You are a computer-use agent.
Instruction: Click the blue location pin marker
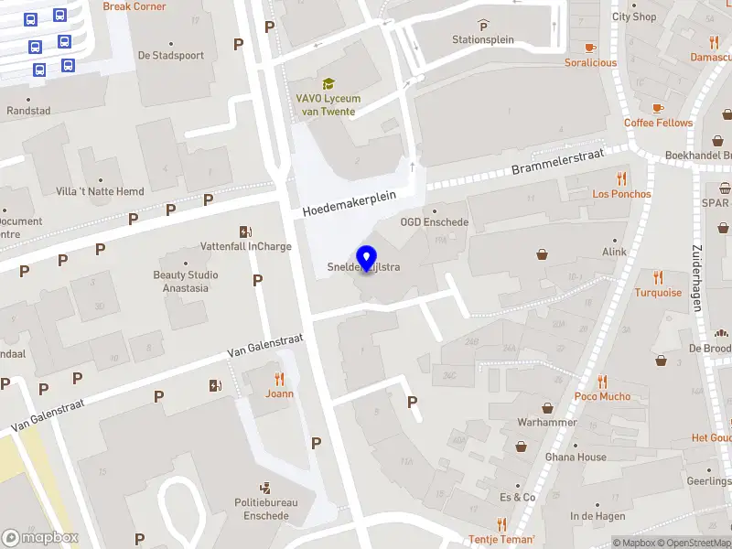click(366, 258)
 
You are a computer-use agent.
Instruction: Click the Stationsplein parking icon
click(483, 26)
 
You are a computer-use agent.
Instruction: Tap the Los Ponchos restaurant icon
click(622, 178)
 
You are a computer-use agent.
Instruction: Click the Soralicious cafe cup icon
click(590, 48)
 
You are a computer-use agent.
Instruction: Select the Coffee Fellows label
click(658, 123)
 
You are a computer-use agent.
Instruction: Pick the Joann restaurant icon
click(280, 379)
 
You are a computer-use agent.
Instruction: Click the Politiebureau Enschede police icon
click(265, 488)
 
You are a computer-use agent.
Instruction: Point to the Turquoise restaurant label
click(658, 293)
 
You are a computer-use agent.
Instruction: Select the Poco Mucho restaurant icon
click(602, 382)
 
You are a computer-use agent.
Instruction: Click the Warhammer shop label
click(547, 423)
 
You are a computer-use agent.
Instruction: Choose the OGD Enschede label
click(434, 222)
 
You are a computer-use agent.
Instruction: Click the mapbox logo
click(40, 537)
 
